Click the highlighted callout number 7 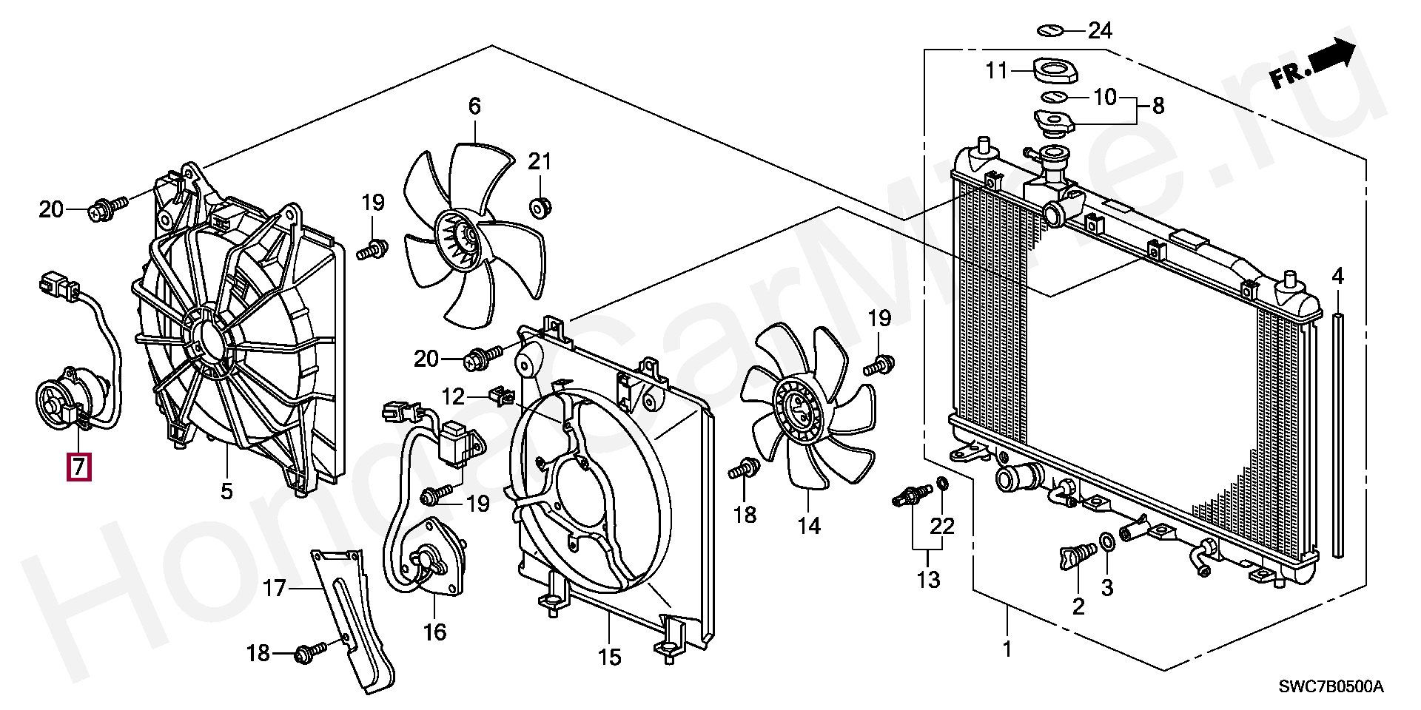point(79,467)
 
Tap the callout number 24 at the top point(1100,30)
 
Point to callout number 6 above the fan point(474,106)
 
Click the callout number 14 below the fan point(810,526)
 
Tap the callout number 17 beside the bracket point(274,589)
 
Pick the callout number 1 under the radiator point(1007,649)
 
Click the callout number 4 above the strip point(1337,277)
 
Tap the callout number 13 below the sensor point(928,579)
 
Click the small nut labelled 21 point(541,207)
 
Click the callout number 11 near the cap point(997,71)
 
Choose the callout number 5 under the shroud point(226,490)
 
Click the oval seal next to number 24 point(1050,30)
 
